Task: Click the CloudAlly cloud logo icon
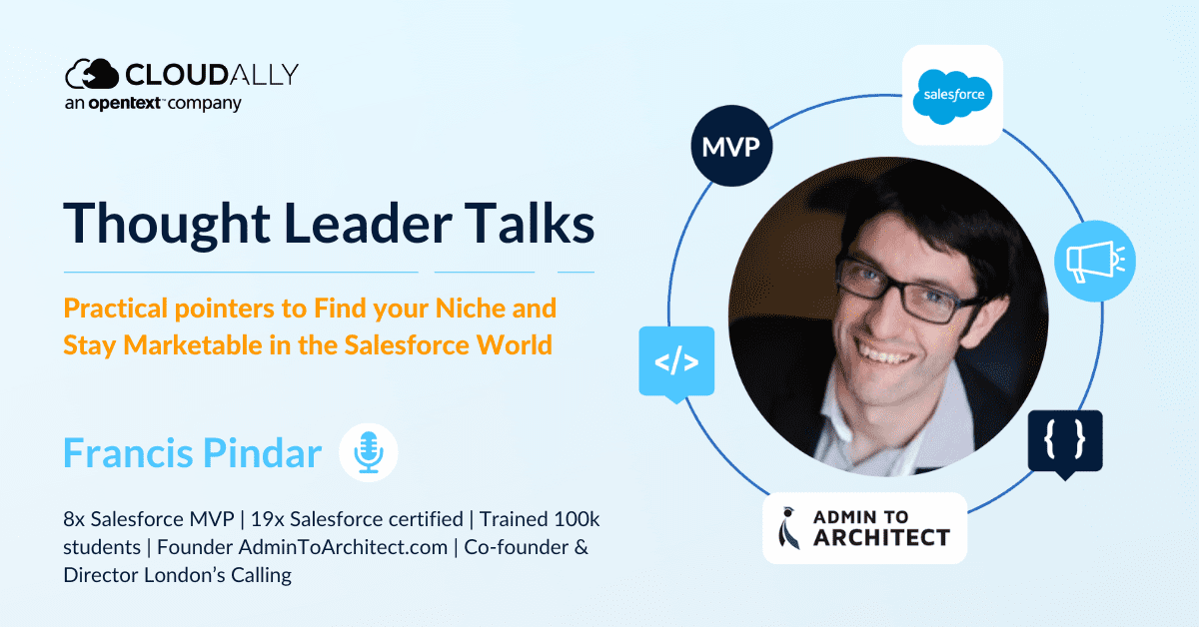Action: tap(92, 74)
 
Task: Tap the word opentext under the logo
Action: tap(124, 103)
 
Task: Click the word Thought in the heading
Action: tap(167, 225)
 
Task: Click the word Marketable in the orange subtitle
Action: tap(193, 344)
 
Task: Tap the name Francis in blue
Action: tap(129, 453)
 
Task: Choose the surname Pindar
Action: tap(262, 453)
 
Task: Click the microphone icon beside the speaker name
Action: tap(369, 452)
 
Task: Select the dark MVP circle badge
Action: tap(731, 146)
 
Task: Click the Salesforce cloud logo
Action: tap(952, 96)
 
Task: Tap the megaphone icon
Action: tap(1095, 261)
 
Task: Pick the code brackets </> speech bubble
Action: tap(676, 362)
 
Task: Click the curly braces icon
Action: tap(1065, 442)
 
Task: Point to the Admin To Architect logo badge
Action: tap(865, 528)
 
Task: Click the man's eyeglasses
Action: tap(910, 288)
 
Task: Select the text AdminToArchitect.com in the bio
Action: tap(343, 547)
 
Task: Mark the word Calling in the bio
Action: tap(261, 576)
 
